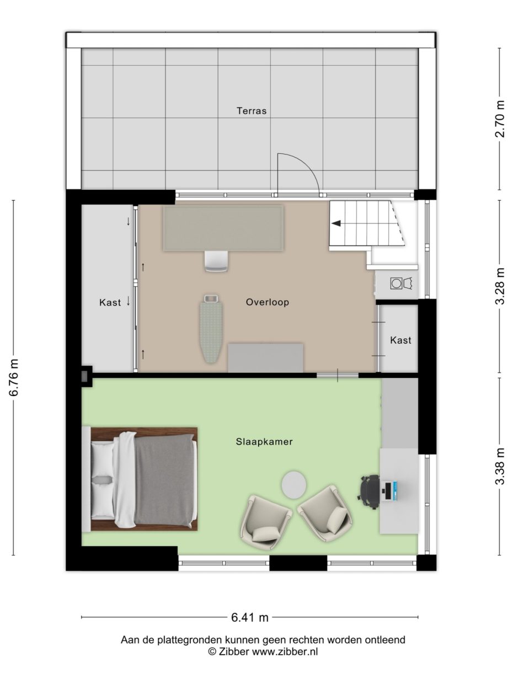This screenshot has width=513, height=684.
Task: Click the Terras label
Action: (x=252, y=111)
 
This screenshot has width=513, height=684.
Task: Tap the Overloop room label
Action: (x=268, y=302)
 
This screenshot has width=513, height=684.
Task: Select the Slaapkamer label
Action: (x=264, y=442)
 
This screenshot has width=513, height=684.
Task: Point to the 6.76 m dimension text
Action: (x=14, y=377)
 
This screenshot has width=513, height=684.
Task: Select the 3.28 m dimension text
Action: (x=500, y=286)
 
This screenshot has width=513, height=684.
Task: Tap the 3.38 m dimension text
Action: (x=500, y=467)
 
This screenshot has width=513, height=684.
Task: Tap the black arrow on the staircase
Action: (x=335, y=223)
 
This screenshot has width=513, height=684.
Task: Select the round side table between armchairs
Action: (x=295, y=484)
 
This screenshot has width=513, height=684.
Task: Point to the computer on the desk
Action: (x=390, y=491)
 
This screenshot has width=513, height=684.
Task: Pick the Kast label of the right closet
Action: (x=400, y=340)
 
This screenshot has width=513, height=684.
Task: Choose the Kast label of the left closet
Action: (x=110, y=302)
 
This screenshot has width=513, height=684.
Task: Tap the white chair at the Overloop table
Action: (x=216, y=261)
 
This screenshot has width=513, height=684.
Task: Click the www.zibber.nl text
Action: (x=285, y=652)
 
